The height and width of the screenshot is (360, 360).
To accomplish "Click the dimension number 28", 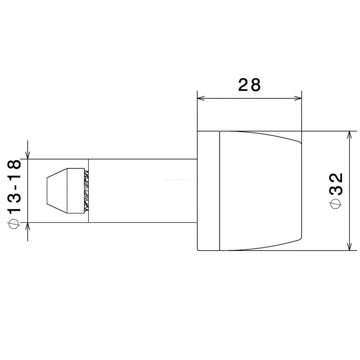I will point(249,85).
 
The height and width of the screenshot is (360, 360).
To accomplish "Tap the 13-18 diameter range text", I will point(15,186).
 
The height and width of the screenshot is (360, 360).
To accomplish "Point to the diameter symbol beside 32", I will point(337,204).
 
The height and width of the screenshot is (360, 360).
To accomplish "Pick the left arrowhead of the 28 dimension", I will point(201,98).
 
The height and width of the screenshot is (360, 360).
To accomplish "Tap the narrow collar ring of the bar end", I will point(208,191).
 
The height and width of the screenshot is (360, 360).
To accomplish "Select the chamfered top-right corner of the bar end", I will point(299,141).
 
